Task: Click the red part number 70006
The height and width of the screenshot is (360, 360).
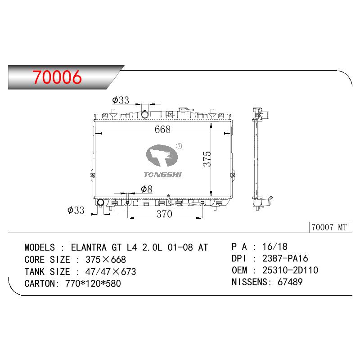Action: tap(57, 77)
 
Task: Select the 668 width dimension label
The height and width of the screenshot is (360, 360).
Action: tap(162, 129)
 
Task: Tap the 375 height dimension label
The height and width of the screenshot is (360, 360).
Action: tap(207, 159)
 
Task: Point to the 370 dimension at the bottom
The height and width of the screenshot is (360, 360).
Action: tap(164, 214)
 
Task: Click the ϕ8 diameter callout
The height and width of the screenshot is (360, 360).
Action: tap(147, 189)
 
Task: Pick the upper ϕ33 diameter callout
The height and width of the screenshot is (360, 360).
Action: tap(121, 100)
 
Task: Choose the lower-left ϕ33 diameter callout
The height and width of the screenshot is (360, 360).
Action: tap(76, 210)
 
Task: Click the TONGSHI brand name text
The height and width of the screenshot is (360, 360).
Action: tap(162, 175)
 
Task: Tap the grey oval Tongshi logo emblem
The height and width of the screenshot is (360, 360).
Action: tap(162, 155)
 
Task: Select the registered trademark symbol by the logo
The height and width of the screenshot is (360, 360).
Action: tap(179, 145)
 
